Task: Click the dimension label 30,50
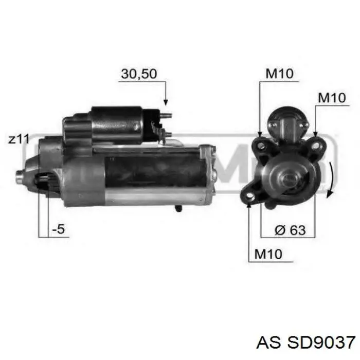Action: point(138,74)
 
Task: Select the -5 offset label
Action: point(59,230)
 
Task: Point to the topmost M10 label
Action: point(279,74)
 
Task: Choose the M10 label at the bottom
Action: point(268,254)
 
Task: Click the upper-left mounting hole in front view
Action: point(261,146)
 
